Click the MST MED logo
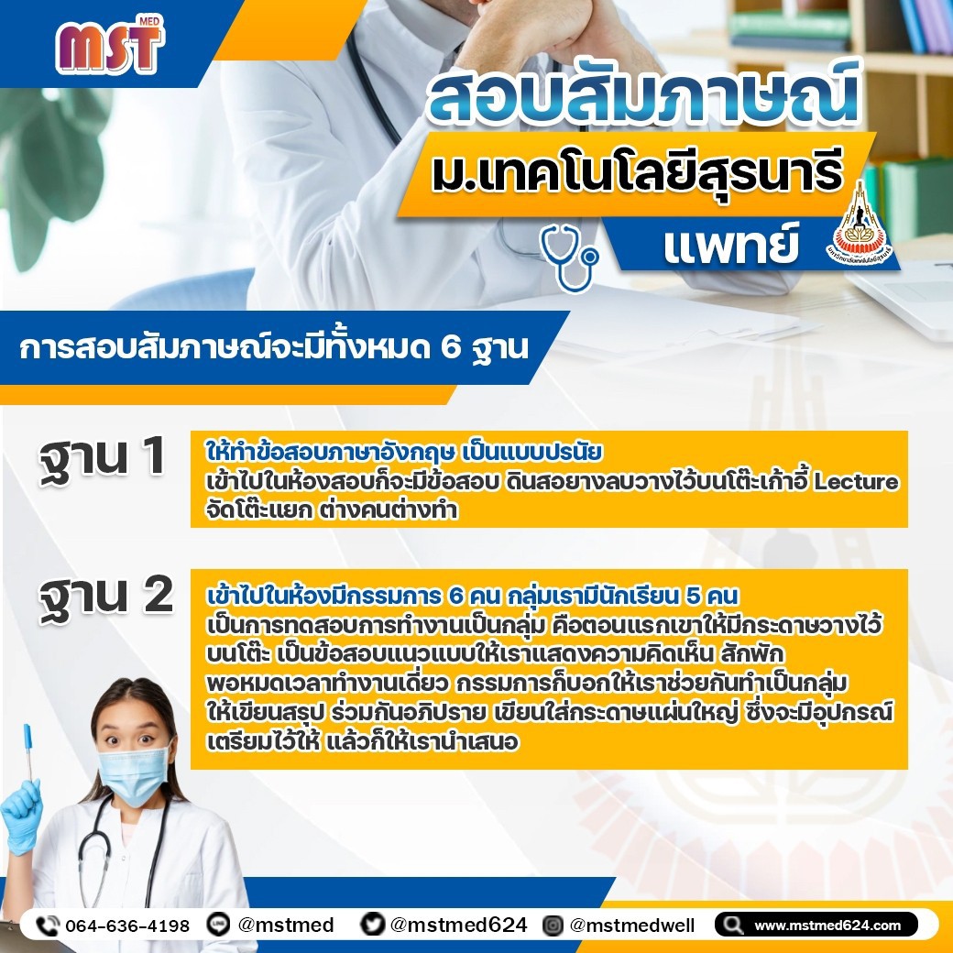pos(110,46)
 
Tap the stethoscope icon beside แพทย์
pos(569,257)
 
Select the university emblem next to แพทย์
pos(859,223)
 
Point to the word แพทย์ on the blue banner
pos(730,245)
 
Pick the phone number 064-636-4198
pos(127,926)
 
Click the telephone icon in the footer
pos(48,926)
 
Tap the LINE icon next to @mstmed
pos(218,925)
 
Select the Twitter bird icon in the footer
pos(372,924)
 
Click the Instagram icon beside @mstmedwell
pos(553,925)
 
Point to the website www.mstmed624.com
pos(827,925)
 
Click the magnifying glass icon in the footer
pos(732,925)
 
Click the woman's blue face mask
pos(133,773)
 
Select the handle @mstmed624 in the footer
pos(458,925)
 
